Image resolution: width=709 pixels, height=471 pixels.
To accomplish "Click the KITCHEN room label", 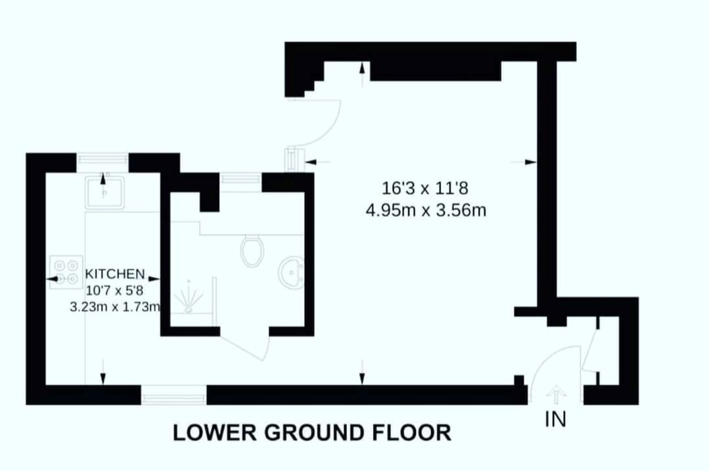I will pos(115,273).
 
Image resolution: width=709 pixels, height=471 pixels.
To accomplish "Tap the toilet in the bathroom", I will pos(252,251).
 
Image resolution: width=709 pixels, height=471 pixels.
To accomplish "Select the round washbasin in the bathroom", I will pos(290,273).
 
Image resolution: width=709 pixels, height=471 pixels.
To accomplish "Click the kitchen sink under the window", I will pos(104,191).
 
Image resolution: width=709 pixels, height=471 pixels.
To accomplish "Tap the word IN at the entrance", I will pos(556,419).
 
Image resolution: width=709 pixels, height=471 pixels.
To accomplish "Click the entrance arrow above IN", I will pos(556,395).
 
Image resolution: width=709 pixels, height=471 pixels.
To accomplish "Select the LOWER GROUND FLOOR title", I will pos(312,433).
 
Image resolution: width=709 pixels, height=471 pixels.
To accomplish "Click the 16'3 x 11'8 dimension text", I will pos(425,189).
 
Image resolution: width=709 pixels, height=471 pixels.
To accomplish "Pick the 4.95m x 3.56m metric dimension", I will pos(425,211).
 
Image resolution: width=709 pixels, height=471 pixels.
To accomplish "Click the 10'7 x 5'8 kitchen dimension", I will pos(114,289).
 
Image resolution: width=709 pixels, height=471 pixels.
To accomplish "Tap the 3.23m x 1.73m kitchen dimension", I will pos(114,306).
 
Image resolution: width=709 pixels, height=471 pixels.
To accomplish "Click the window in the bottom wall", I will pos(173,395).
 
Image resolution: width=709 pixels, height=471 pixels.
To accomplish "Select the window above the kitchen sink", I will pos(102,159).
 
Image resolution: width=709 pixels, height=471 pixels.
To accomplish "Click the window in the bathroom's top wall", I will pos(240,178).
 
